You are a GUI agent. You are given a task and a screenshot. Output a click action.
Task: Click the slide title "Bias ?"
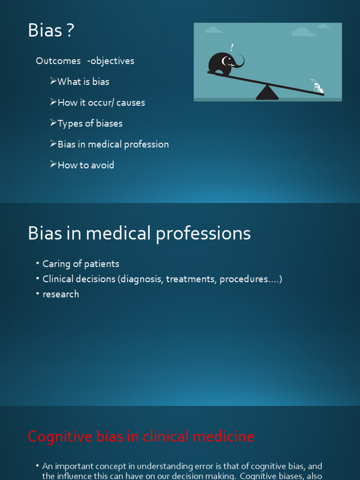(51, 31)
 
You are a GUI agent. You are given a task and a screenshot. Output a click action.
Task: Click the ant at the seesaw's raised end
(318, 87)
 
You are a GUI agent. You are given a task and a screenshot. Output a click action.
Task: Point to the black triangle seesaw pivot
(267, 92)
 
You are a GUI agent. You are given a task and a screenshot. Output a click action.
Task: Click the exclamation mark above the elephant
(232, 47)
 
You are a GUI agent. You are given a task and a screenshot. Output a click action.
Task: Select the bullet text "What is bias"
(83, 82)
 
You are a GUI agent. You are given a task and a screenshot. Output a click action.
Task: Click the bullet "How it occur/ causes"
(101, 103)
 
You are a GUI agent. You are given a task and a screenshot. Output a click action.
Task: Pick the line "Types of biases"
(90, 124)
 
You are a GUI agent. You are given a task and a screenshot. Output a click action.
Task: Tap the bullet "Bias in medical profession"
(112, 144)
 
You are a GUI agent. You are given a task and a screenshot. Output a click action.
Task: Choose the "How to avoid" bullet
(85, 165)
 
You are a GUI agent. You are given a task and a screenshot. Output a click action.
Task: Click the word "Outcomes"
(58, 61)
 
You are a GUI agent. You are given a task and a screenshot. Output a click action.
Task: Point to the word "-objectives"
(111, 61)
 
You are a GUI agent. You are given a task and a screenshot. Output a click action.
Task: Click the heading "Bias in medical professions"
(139, 233)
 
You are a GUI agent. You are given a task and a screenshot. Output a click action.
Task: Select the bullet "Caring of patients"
(81, 264)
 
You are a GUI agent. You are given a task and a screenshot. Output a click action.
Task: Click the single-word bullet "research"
(60, 294)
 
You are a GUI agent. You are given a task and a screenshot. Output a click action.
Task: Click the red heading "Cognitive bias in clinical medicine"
(141, 437)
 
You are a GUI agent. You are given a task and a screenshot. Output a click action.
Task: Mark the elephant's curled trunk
(239, 61)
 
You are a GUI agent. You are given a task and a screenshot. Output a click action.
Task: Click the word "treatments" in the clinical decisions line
(191, 279)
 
